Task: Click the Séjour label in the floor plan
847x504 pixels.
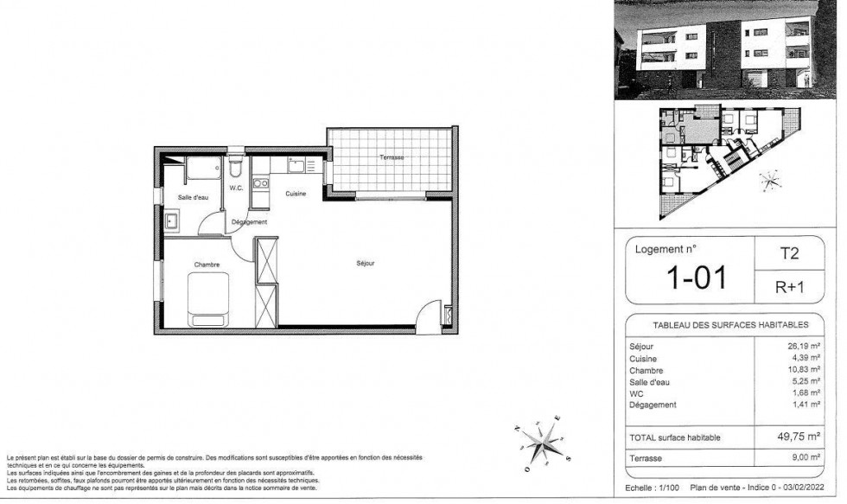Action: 365,263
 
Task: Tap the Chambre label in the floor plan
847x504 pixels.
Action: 206,265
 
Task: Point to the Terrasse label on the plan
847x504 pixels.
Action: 392,157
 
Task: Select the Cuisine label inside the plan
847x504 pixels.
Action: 296,194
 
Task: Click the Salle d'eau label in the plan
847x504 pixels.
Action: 193,198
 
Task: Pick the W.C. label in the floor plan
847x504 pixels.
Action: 236,188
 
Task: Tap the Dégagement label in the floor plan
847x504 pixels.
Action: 250,222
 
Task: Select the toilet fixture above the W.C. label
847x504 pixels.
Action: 236,165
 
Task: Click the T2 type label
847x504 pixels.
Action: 789,253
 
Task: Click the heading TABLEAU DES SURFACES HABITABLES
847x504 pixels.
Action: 723,325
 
